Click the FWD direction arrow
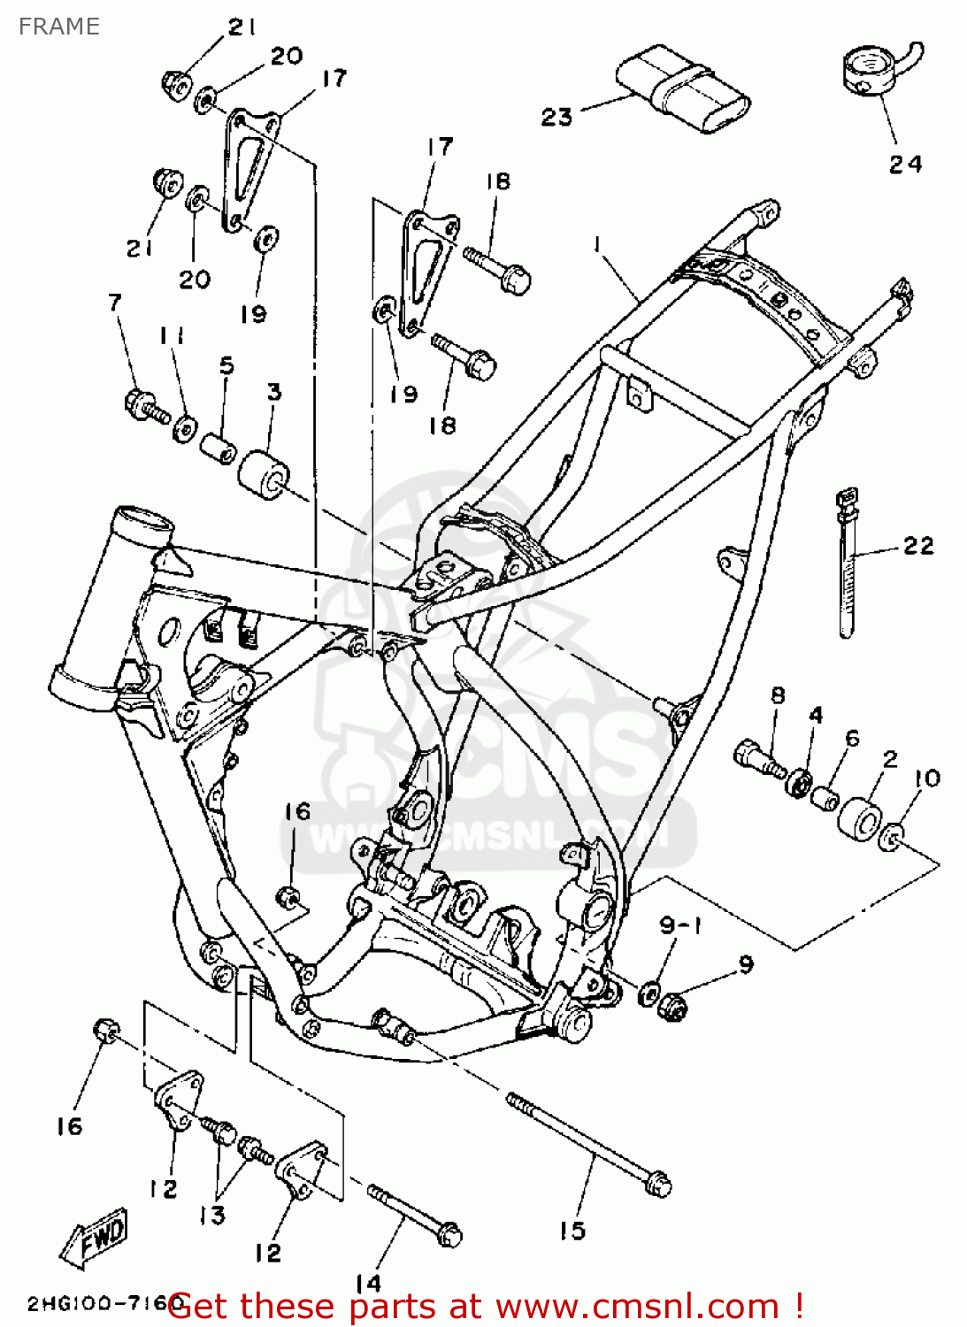pos(95,1236)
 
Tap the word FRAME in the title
pos(58,27)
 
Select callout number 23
pos(556,117)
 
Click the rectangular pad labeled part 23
pos(683,89)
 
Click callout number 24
pos(905,164)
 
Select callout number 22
pos(918,546)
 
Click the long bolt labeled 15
pos(588,1142)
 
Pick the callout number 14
pos(367,1282)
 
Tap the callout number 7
pos(114,303)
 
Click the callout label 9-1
pos(680,925)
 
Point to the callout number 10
pos(926,779)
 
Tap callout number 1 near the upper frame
pos(598,242)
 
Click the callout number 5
pos(226,365)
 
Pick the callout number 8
pos(778,694)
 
